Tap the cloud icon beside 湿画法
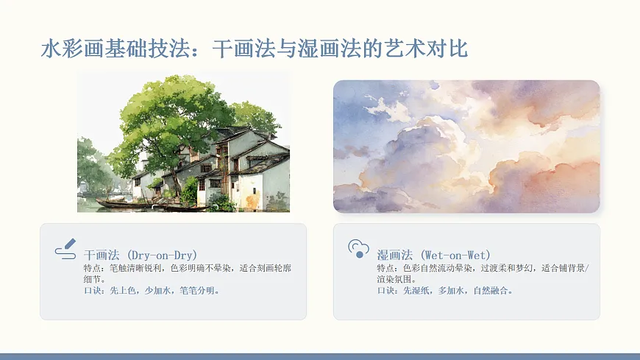tap(358, 249)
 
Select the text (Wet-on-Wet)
tap(451, 255)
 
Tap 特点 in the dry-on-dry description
tap(93, 268)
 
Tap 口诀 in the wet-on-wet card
tap(385, 291)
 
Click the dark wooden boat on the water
tap(118, 203)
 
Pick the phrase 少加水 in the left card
tap(160, 291)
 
